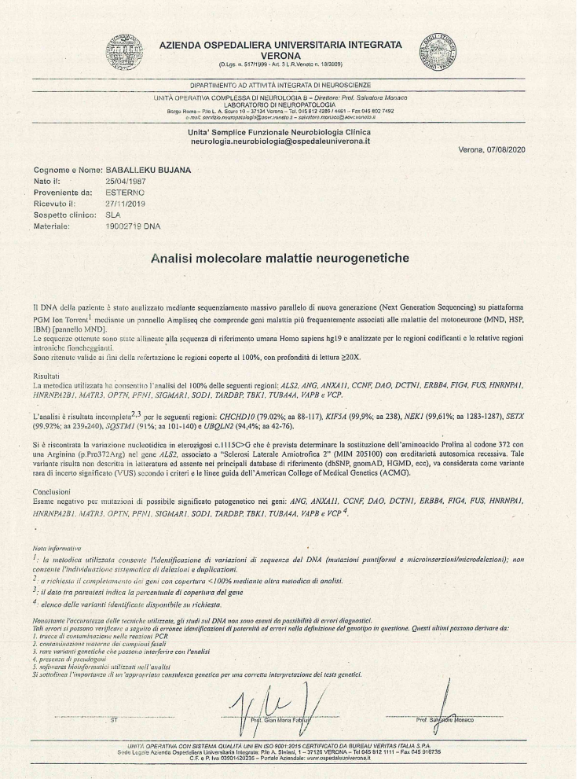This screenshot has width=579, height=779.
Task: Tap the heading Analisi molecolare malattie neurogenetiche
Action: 289,255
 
